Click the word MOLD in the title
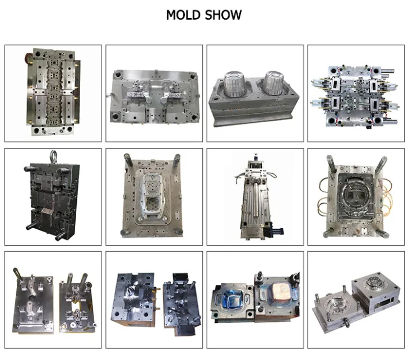coord(183,15)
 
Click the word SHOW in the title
coord(223,15)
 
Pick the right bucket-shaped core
coord(275,82)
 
